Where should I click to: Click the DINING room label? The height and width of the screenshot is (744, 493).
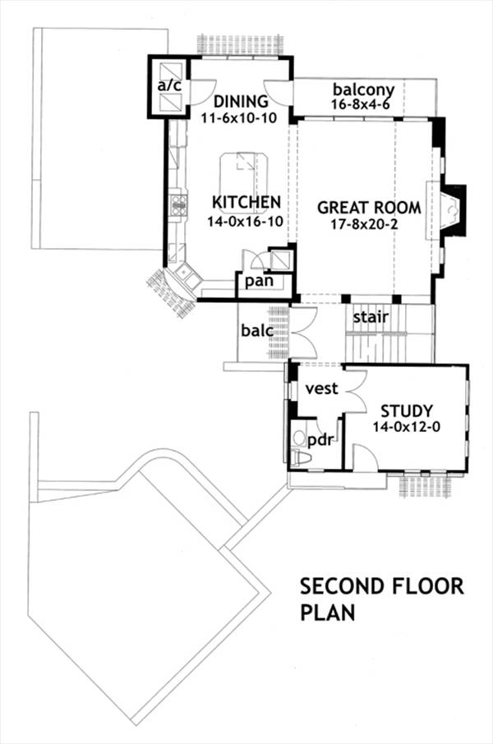pyautogui.click(x=241, y=102)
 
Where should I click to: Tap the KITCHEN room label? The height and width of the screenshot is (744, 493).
pyautogui.click(x=246, y=202)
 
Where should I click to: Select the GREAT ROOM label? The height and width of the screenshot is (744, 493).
pyautogui.click(x=369, y=208)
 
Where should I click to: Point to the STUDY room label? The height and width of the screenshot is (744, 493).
pyautogui.click(x=406, y=411)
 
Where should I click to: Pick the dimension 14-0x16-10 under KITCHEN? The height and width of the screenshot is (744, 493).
pyautogui.click(x=246, y=218)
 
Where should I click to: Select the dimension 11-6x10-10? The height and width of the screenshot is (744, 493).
pyautogui.click(x=241, y=118)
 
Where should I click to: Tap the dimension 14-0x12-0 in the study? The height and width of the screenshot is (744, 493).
pyautogui.click(x=406, y=427)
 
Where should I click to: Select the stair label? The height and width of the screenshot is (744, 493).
pyautogui.click(x=371, y=316)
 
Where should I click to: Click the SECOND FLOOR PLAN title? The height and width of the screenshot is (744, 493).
pyautogui.click(x=381, y=599)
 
